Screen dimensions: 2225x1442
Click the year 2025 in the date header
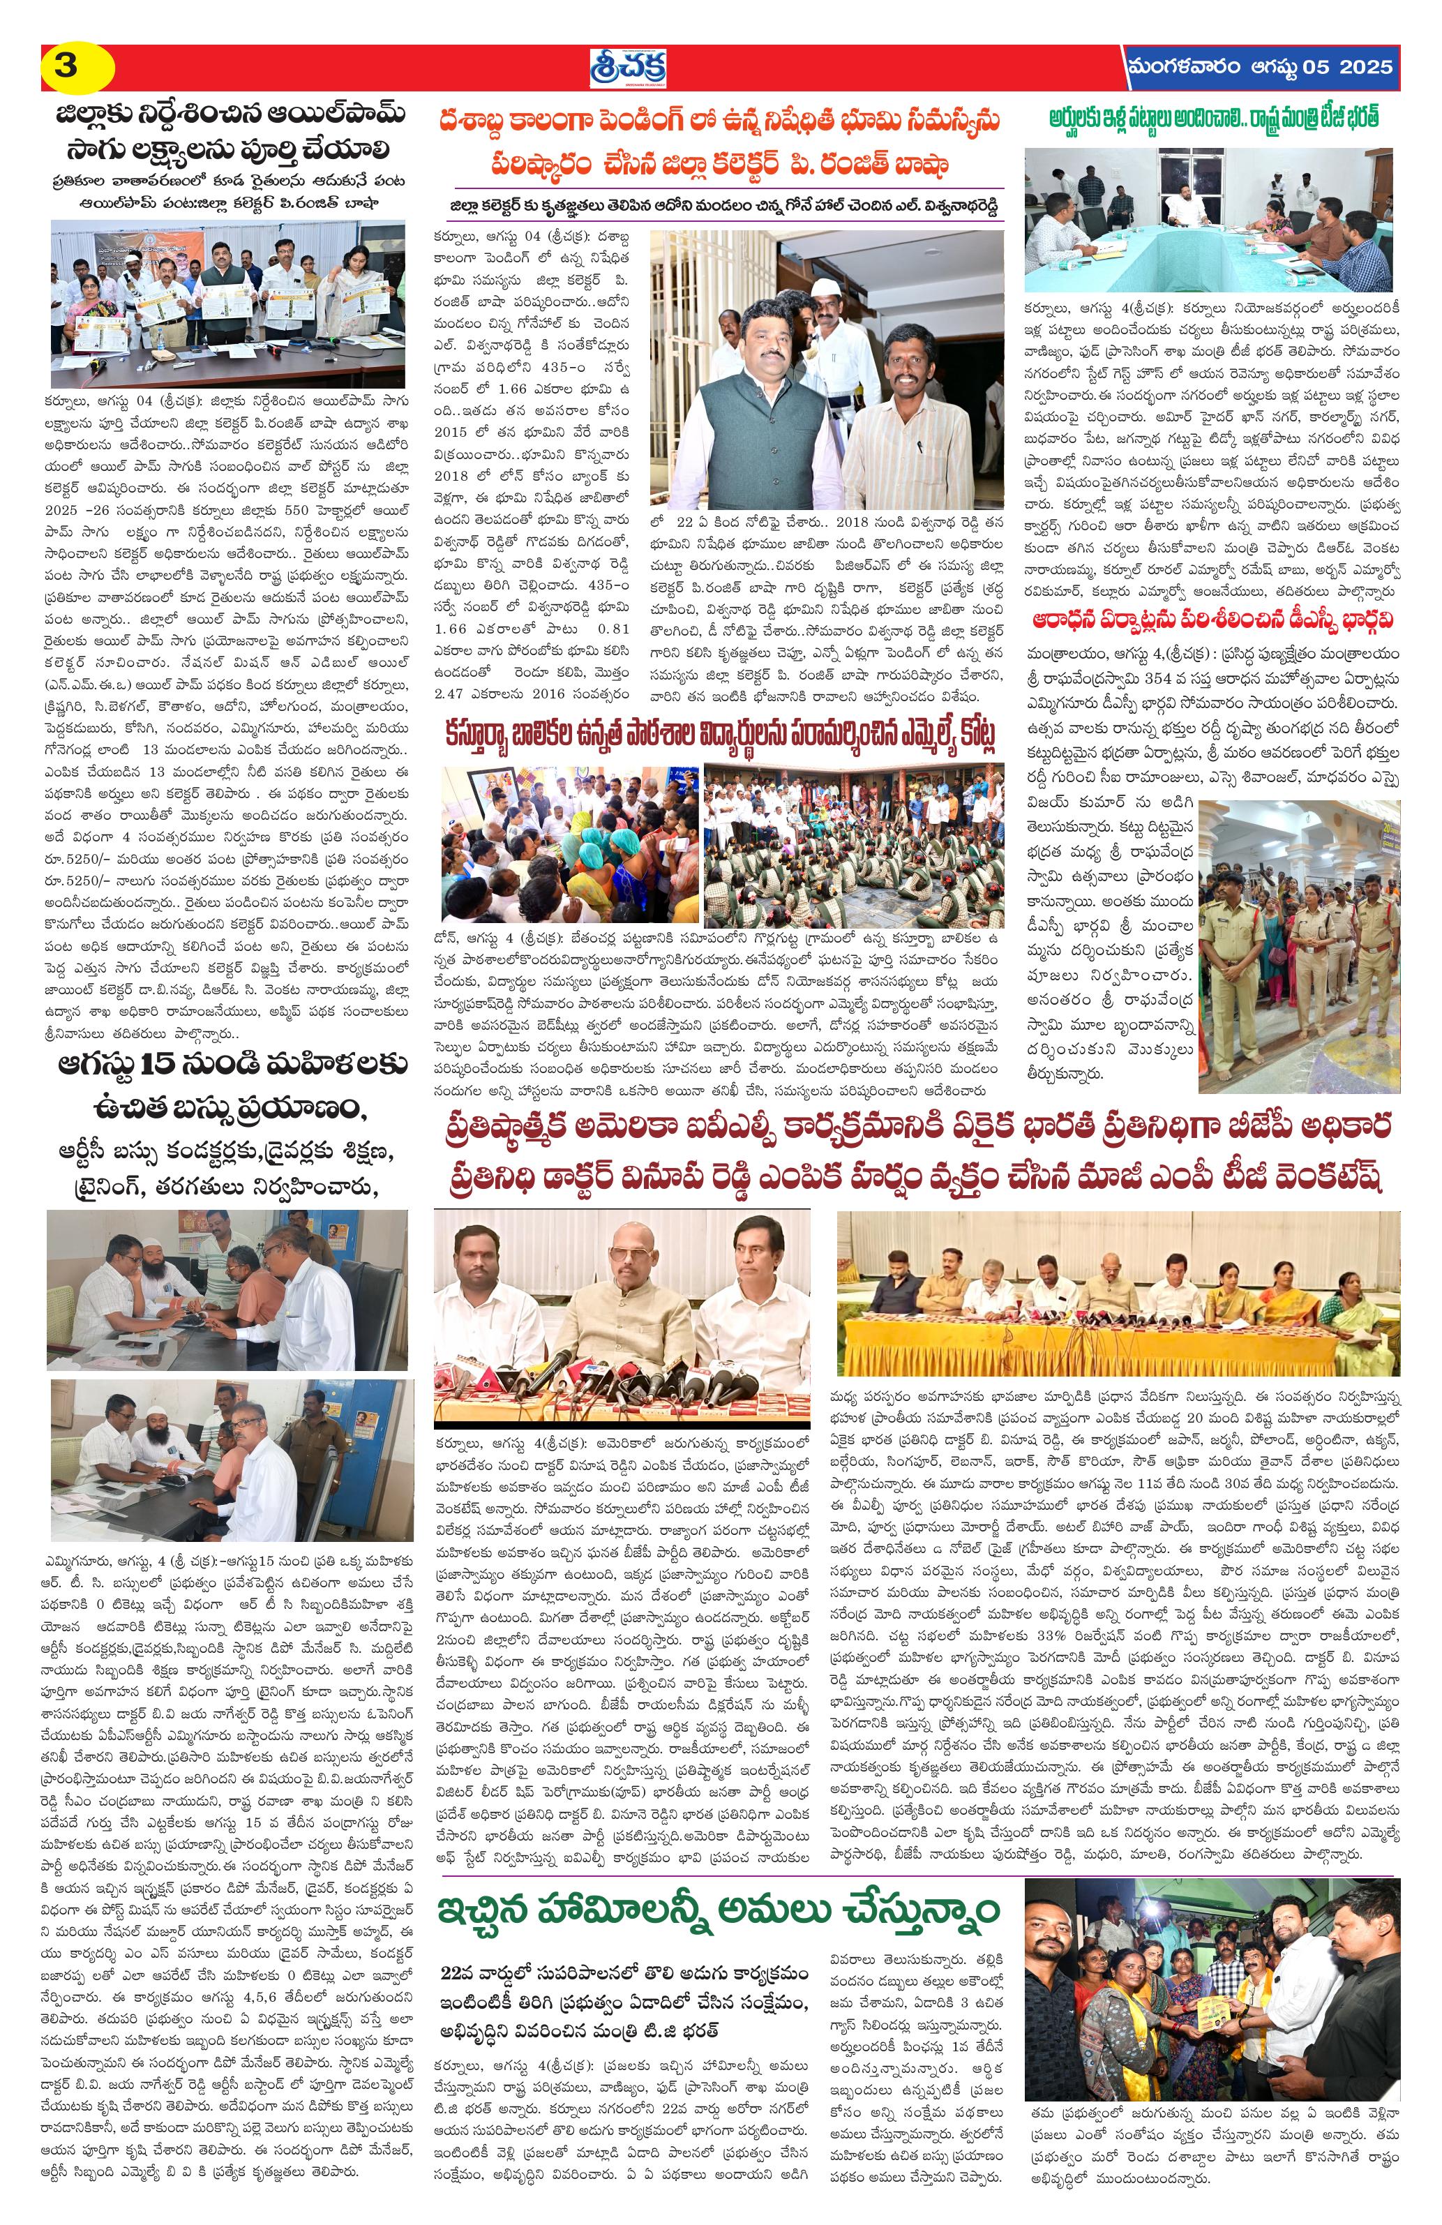pyautogui.click(x=1365, y=67)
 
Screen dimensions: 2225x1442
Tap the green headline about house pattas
pyautogui.click(x=1214, y=117)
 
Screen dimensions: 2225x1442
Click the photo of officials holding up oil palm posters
pyautogui.click(x=228, y=303)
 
